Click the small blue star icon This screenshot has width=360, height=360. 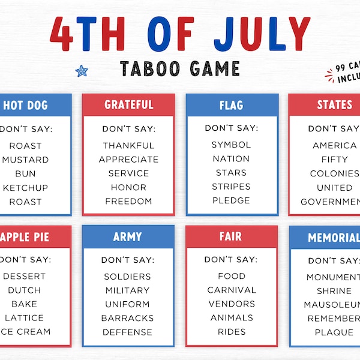coord(82,71)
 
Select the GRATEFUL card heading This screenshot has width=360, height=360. coord(128,105)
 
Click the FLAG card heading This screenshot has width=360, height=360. coord(232,106)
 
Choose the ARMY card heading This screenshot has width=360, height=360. coord(128,237)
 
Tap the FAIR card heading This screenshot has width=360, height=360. coord(232,237)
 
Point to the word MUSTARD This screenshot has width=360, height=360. coord(26,160)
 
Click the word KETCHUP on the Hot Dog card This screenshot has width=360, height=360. coord(25,188)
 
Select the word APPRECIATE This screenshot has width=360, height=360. coord(128,160)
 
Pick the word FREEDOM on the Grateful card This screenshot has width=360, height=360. coord(128,201)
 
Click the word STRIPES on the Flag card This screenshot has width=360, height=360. coord(232,187)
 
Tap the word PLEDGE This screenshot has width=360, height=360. coord(232,200)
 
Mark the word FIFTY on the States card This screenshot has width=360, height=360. coord(335,160)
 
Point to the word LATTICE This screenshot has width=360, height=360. coord(25,317)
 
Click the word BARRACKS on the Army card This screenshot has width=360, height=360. coord(128,318)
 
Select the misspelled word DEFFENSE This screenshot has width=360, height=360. coord(128,332)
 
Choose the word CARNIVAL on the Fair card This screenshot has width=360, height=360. coord(232,290)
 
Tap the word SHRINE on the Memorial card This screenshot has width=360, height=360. coord(334,291)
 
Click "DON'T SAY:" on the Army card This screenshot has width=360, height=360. coord(128,260)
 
